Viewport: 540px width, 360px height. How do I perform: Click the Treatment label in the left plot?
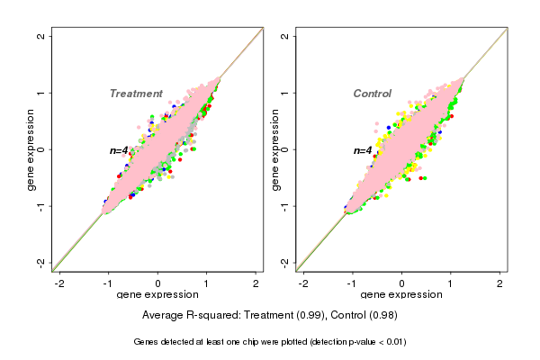pyautogui.click(x=136, y=94)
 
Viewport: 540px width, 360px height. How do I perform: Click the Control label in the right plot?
pyautogui.click(x=372, y=94)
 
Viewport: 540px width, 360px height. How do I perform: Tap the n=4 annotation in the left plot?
pyautogui.click(x=120, y=150)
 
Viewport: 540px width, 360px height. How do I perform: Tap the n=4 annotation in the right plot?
pyautogui.click(x=363, y=150)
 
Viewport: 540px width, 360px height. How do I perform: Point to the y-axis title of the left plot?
pyautogui.click(x=31, y=149)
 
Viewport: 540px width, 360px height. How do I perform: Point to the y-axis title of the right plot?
pyautogui.click(x=274, y=149)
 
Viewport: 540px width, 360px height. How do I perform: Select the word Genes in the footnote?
pyautogui.click(x=148, y=342)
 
